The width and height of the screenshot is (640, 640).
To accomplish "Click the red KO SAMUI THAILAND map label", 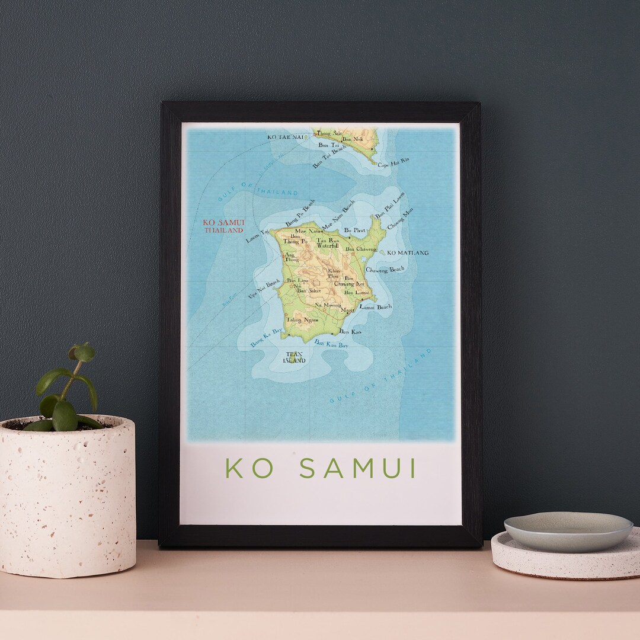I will click(224, 226).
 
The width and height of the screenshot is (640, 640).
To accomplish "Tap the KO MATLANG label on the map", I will click(408, 253).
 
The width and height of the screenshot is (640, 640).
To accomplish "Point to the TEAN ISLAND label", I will click(294, 357).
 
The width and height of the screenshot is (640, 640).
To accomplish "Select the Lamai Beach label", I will click(376, 307).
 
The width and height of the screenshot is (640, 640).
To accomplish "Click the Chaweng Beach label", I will click(385, 270).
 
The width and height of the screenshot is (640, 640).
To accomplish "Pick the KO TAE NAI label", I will click(286, 137).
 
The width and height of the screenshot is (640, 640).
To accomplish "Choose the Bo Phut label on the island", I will click(355, 230).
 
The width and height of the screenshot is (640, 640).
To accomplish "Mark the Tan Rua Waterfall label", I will click(328, 243).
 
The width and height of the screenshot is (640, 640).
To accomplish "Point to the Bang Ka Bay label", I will click(266, 338).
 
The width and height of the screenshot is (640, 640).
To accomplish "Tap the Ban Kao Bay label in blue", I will click(331, 344).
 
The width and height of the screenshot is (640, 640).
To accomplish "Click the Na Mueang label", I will click(328, 305).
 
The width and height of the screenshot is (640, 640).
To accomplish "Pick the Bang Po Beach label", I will click(300, 213).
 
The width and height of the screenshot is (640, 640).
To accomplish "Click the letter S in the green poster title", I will click(307, 468).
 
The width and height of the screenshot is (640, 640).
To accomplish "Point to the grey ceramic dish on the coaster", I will click(568, 530).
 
